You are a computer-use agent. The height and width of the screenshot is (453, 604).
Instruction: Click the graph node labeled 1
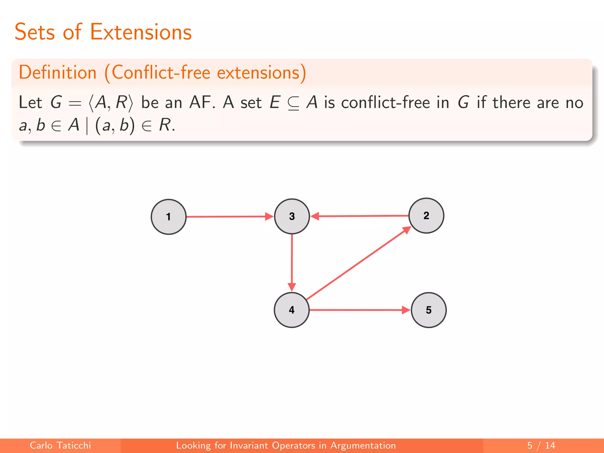[x=168, y=217]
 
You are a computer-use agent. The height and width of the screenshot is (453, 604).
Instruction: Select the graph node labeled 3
[x=292, y=216]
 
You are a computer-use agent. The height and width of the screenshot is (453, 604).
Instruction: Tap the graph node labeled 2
[x=426, y=216]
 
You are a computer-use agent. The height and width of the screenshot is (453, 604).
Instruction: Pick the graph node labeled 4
[x=291, y=310]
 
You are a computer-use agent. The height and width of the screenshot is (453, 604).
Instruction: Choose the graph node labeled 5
[x=429, y=310]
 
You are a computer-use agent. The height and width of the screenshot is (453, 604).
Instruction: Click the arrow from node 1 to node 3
[x=227, y=216]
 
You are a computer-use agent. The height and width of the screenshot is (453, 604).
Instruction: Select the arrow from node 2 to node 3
[x=360, y=216]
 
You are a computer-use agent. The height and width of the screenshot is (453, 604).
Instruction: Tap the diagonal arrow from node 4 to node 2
[x=358, y=263]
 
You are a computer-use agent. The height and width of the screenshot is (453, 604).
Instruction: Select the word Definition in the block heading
[x=58, y=73]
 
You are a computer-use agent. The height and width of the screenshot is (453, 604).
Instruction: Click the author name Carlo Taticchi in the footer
[x=60, y=445]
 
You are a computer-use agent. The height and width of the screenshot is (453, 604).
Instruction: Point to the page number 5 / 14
[x=541, y=445]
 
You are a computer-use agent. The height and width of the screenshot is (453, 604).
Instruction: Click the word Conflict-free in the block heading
[x=161, y=73]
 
